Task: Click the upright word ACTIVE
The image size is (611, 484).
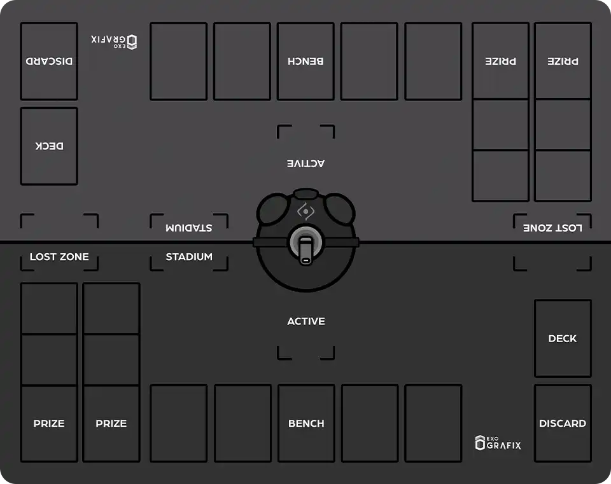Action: [306, 321]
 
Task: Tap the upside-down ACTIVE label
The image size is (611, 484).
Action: [306, 163]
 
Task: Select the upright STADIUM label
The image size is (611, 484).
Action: [189, 256]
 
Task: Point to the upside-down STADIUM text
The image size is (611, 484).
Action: [189, 228]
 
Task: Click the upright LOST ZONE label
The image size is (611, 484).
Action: [59, 256]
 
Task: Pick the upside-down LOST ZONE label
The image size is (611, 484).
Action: [552, 228]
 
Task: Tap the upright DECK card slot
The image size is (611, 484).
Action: [563, 338]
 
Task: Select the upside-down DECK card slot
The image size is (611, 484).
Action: [49, 146]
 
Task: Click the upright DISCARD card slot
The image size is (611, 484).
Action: [563, 423]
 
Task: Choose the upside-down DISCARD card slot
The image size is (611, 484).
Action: [49, 61]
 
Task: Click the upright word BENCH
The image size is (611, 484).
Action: [306, 423]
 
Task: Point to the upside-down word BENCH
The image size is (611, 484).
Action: [305, 61]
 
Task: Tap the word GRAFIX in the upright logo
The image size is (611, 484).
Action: [504, 445]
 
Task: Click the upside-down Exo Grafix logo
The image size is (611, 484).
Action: [114, 42]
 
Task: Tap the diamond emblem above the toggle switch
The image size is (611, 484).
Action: [306, 211]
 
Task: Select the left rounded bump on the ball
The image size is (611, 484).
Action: [273, 209]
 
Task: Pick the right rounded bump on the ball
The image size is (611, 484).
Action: [339, 209]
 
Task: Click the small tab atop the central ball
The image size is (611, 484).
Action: [306, 193]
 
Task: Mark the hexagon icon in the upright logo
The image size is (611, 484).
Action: [480, 443]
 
